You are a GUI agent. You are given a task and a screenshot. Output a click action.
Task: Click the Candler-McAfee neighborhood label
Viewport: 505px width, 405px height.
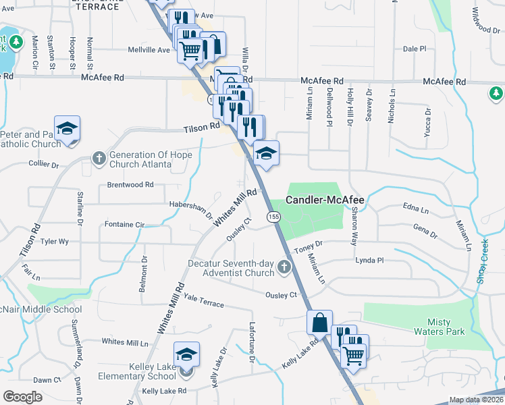[x=325, y=200]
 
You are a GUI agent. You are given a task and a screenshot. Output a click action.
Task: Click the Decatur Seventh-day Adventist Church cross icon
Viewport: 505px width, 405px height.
[x=284, y=269]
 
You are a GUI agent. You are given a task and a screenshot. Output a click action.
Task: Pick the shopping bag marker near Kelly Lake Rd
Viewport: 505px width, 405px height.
[x=319, y=323]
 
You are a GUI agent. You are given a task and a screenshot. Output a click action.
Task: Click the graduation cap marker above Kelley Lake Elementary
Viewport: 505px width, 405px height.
[x=187, y=354]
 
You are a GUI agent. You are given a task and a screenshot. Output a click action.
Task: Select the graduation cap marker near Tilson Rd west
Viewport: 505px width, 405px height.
[x=68, y=128]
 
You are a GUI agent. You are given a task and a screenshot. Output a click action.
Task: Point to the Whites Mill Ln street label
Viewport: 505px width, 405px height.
[x=125, y=342]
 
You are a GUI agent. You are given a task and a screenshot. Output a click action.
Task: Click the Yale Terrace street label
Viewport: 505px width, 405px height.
[x=203, y=300]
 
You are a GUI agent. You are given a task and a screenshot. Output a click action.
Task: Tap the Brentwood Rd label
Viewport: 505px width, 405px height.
[x=130, y=184]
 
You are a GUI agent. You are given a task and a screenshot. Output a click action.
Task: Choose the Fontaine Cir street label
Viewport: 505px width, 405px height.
[x=125, y=224]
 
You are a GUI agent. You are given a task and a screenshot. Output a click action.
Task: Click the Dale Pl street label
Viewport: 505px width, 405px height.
[x=415, y=49]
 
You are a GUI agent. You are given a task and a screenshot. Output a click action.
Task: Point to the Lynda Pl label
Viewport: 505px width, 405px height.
[x=369, y=260]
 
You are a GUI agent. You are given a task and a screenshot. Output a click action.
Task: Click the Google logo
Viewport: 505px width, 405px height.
[x=22, y=396]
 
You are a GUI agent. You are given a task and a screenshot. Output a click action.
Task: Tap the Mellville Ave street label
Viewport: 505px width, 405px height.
[x=154, y=50]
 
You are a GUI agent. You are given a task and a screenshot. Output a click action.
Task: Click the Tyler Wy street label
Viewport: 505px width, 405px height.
[x=55, y=241]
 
